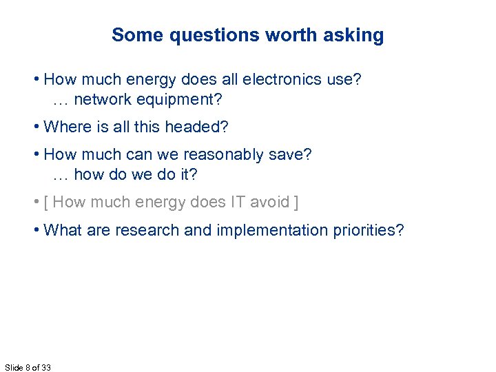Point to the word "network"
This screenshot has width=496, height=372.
pyautogui.click(x=101, y=100)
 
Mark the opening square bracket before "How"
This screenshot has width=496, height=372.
pyautogui.click(x=45, y=202)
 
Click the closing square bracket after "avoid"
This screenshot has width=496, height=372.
pyautogui.click(x=296, y=202)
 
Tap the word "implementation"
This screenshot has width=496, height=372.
pyautogui.click(x=267, y=229)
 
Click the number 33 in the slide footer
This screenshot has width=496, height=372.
pyautogui.click(x=45, y=367)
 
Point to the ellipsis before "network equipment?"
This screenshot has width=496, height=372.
pyautogui.click(x=61, y=101)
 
